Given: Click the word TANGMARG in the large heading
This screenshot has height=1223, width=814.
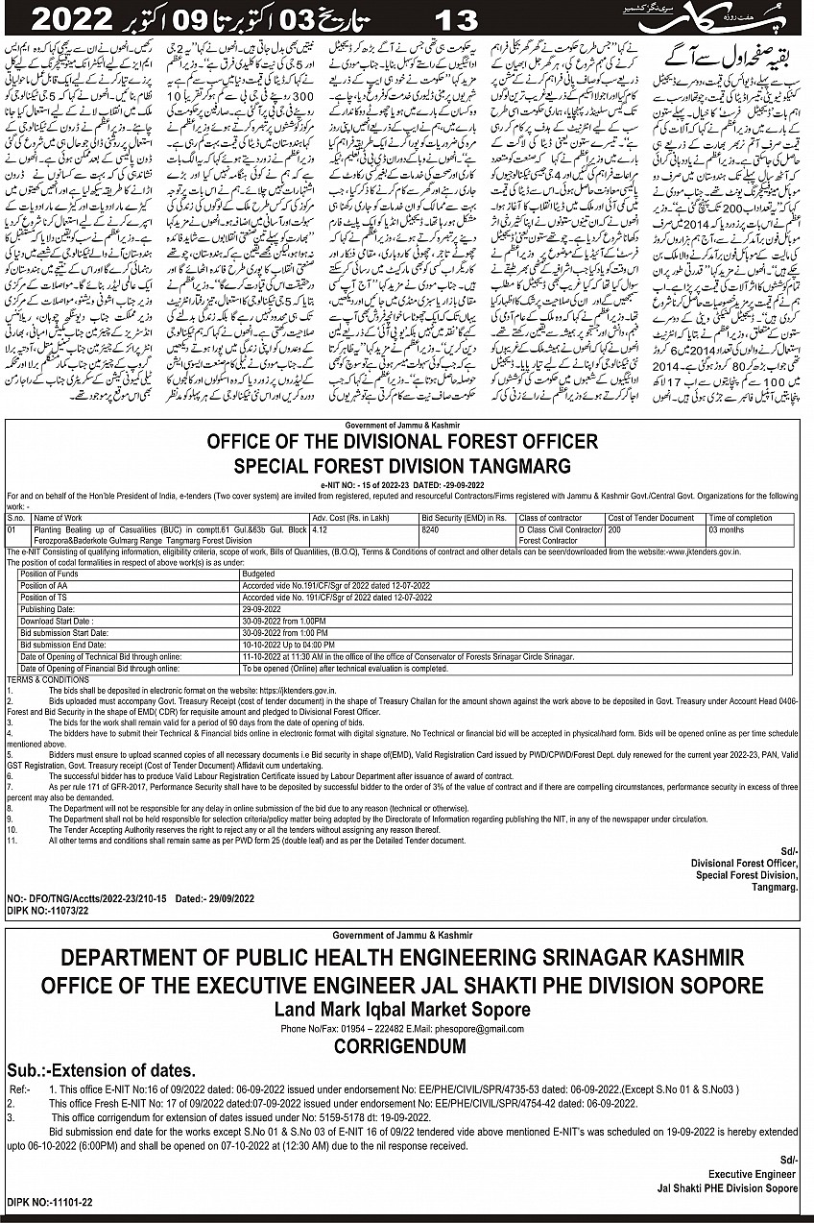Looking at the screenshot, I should (519, 467).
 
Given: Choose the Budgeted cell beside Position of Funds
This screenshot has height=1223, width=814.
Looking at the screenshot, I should (261, 574).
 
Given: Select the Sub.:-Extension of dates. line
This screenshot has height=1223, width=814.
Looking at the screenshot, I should (102, 1070).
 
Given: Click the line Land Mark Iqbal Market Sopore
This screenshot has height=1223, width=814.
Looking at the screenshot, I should (402, 1010).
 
